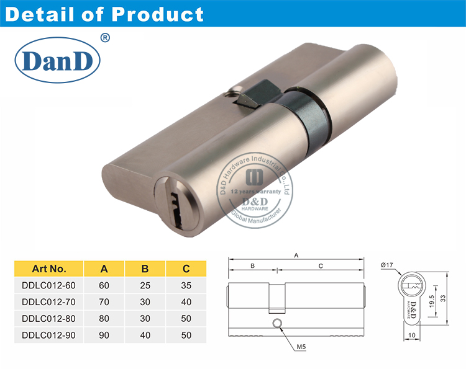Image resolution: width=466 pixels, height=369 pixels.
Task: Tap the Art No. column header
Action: click(48, 269)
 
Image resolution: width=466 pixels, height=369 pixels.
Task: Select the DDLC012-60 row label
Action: click(48, 287)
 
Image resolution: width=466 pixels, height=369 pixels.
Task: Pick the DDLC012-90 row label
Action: click(48, 335)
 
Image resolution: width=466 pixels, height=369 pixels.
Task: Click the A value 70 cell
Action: click(104, 303)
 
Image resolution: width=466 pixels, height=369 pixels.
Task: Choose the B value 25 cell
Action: click(145, 287)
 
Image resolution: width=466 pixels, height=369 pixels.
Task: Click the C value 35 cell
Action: click(186, 287)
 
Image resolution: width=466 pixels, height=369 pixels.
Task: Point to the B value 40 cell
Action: click(145, 335)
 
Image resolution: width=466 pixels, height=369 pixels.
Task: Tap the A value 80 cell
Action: click(104, 319)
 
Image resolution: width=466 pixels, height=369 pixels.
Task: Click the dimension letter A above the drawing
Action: click(296, 255)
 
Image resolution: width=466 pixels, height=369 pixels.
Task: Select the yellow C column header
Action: click(186, 269)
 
